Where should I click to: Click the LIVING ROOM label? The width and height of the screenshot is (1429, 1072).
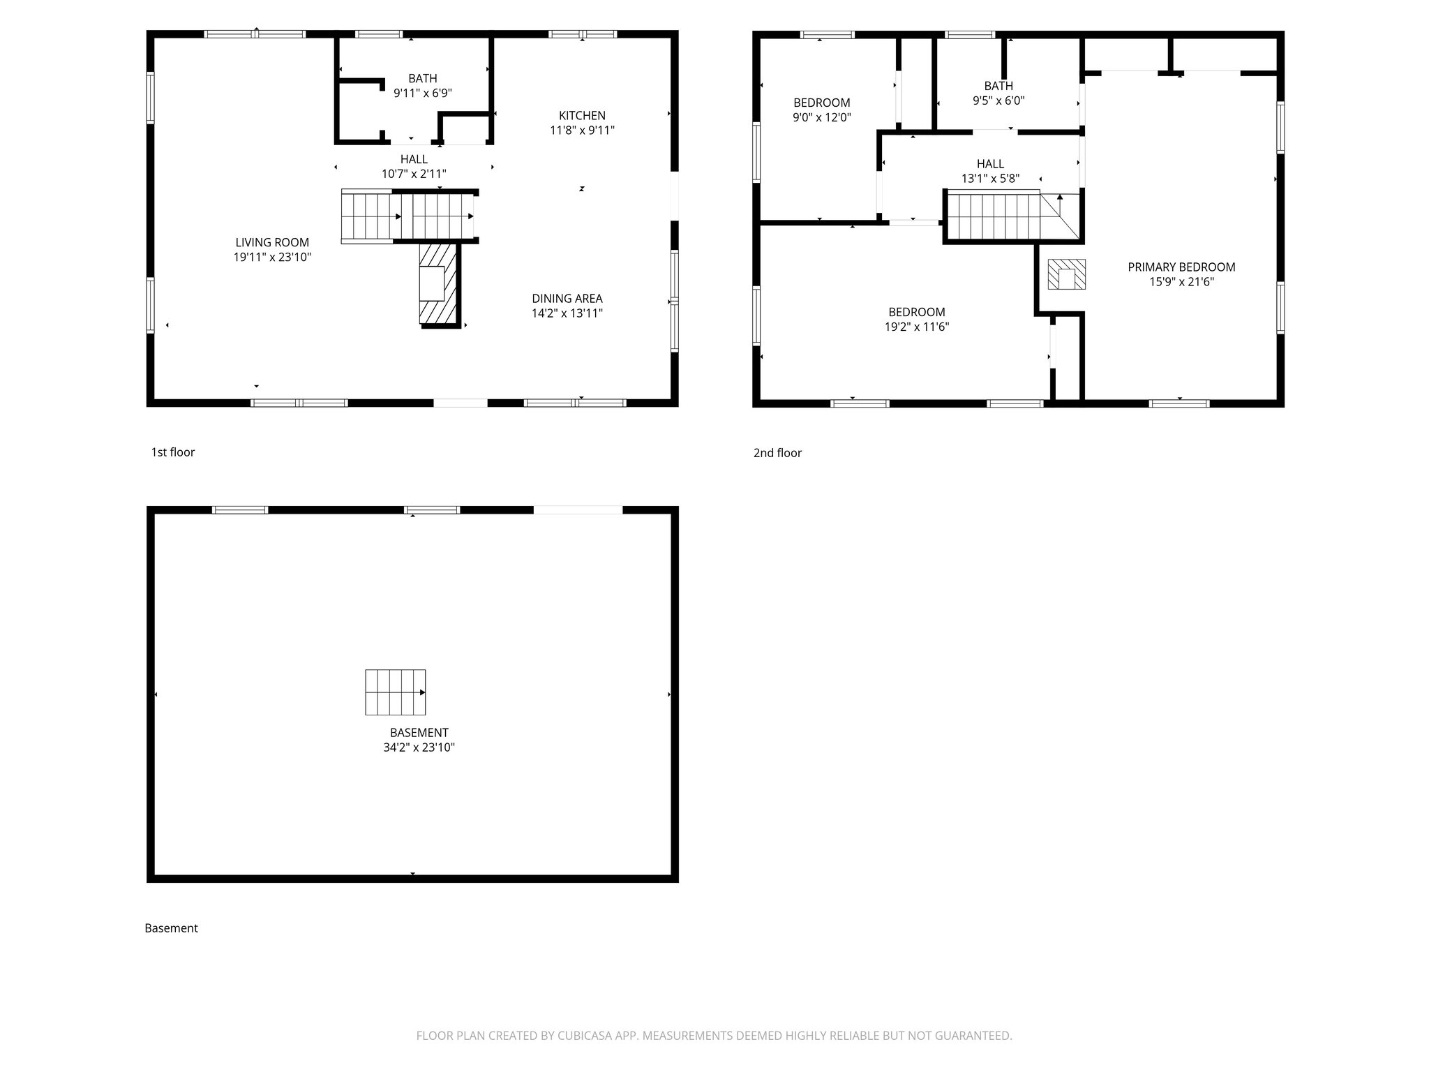click(271, 242)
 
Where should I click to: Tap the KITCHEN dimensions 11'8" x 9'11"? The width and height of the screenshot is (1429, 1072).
click(582, 131)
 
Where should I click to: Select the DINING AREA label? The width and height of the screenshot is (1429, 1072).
click(567, 299)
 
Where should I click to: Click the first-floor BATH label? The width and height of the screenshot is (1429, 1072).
click(422, 79)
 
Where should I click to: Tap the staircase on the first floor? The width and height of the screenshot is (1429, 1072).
click(408, 216)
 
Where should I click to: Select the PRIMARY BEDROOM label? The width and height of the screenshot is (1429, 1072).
click(1181, 267)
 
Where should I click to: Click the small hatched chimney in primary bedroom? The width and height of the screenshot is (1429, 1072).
click(1066, 275)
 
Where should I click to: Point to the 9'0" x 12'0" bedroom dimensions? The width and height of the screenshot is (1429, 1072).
click(821, 118)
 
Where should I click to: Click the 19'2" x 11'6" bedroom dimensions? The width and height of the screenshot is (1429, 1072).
click(916, 327)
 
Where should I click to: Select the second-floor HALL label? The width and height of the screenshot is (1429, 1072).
click(990, 164)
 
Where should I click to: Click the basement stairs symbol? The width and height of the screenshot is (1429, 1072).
click(395, 692)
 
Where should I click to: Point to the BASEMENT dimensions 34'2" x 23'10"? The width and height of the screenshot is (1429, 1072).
click(419, 747)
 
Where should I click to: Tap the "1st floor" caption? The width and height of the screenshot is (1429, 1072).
click(172, 452)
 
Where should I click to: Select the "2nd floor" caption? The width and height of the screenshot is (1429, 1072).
click(777, 453)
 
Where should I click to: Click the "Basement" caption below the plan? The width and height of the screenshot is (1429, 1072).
click(171, 928)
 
